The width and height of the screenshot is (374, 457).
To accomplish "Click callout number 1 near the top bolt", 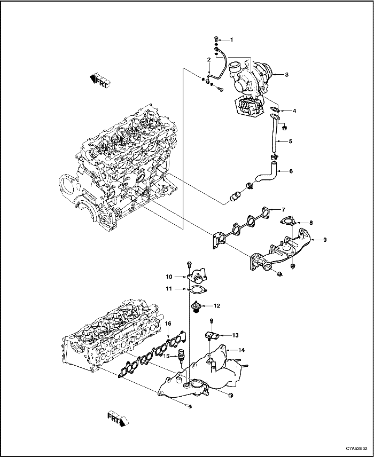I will tap(232, 40).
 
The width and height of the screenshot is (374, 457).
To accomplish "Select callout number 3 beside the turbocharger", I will tap(286, 75).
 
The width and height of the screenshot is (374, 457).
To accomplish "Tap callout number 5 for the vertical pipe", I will tap(291, 141).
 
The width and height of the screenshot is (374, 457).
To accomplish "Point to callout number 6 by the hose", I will tap(291, 171).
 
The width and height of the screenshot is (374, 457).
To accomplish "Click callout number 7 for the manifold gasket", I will tap(284, 209).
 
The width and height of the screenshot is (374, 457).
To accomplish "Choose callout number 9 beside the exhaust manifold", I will tap(324, 240).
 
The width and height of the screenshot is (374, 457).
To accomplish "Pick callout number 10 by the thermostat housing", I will tap(169, 277).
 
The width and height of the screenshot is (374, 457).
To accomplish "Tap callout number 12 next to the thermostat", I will tap(217, 306).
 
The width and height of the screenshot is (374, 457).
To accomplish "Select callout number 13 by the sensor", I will tap(235, 335).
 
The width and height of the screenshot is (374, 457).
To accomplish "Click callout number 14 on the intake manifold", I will tap(241, 350).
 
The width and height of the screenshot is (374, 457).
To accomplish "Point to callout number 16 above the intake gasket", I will tap(167, 324).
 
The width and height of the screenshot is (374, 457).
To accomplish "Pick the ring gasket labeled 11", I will tap(197, 289).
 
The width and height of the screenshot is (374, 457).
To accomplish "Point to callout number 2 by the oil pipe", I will tap(209, 59).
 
